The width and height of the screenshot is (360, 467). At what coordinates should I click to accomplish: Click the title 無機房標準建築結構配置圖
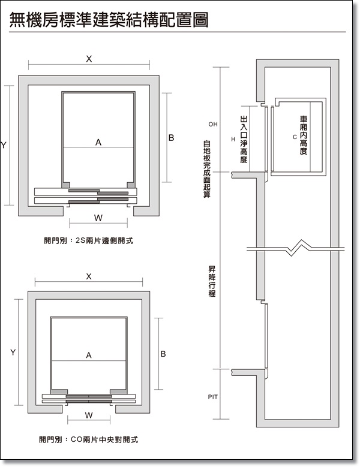pyautogui.click(x=109, y=20)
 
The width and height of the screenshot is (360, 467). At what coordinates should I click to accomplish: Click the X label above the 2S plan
pyautogui.click(x=89, y=59)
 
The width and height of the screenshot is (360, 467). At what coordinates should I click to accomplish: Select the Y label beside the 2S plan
pyautogui.click(x=4, y=145)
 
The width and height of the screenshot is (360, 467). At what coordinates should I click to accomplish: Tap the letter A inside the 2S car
pyautogui.click(x=98, y=142)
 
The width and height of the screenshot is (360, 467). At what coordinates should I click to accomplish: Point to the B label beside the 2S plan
pyautogui.click(x=171, y=138)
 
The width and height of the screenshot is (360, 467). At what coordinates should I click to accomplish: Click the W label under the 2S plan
pyautogui.click(x=98, y=216)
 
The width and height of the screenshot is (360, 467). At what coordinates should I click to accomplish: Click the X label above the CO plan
pyautogui.click(x=89, y=276)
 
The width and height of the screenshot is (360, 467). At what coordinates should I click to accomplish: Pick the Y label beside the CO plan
pyautogui.click(x=13, y=352)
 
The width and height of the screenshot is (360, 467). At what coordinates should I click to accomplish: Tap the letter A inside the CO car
pyautogui.click(x=89, y=355)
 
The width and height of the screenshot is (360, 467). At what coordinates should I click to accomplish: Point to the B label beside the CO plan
pyautogui.click(x=163, y=354)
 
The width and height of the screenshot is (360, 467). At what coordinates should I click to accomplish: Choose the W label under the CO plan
pyautogui.click(x=89, y=415)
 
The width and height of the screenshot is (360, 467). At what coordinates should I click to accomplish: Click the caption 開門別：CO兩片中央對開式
pyautogui.click(x=88, y=439)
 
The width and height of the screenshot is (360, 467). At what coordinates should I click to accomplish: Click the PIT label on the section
pyautogui.click(x=212, y=397)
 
